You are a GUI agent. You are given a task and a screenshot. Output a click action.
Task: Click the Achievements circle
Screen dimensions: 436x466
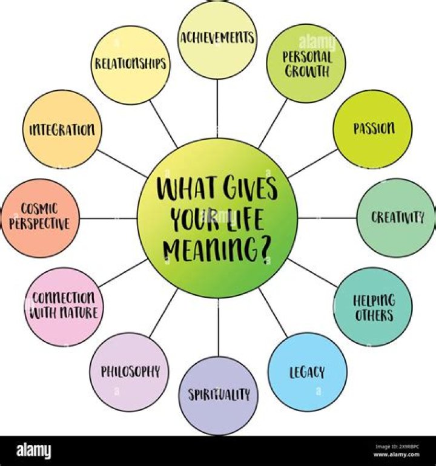[217, 39]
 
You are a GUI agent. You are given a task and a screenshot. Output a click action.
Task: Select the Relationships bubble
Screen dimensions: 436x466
[130, 65]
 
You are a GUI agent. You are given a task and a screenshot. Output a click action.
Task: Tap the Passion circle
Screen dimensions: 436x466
[372, 129]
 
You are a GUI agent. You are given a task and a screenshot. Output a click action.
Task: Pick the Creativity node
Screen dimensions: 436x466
[396, 218]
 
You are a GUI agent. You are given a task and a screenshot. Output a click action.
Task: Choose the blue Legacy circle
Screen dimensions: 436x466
[307, 372]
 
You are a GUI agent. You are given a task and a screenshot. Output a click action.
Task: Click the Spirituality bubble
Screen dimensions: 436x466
[219, 396]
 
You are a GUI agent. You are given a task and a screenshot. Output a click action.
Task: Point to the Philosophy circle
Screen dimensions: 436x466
[130, 372]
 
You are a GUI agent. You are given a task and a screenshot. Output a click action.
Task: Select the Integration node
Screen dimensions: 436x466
[62, 130]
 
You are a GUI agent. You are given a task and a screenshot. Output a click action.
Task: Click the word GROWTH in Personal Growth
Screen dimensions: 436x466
[307, 71]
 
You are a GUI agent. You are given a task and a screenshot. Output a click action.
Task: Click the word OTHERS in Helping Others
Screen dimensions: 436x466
[374, 315]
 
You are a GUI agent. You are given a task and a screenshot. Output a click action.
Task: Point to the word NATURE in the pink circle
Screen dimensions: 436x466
[79, 313]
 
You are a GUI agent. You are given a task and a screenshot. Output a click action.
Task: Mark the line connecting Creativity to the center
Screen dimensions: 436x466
[327, 218]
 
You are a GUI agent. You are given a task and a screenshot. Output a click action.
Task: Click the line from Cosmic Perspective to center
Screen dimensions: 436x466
[108, 218]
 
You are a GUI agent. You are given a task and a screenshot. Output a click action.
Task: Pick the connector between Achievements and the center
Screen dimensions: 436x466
[217, 108]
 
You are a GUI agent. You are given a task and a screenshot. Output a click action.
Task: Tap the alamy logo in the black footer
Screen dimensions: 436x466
[33, 450]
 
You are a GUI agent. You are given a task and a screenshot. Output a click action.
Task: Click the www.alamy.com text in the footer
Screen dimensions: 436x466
[397, 454]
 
